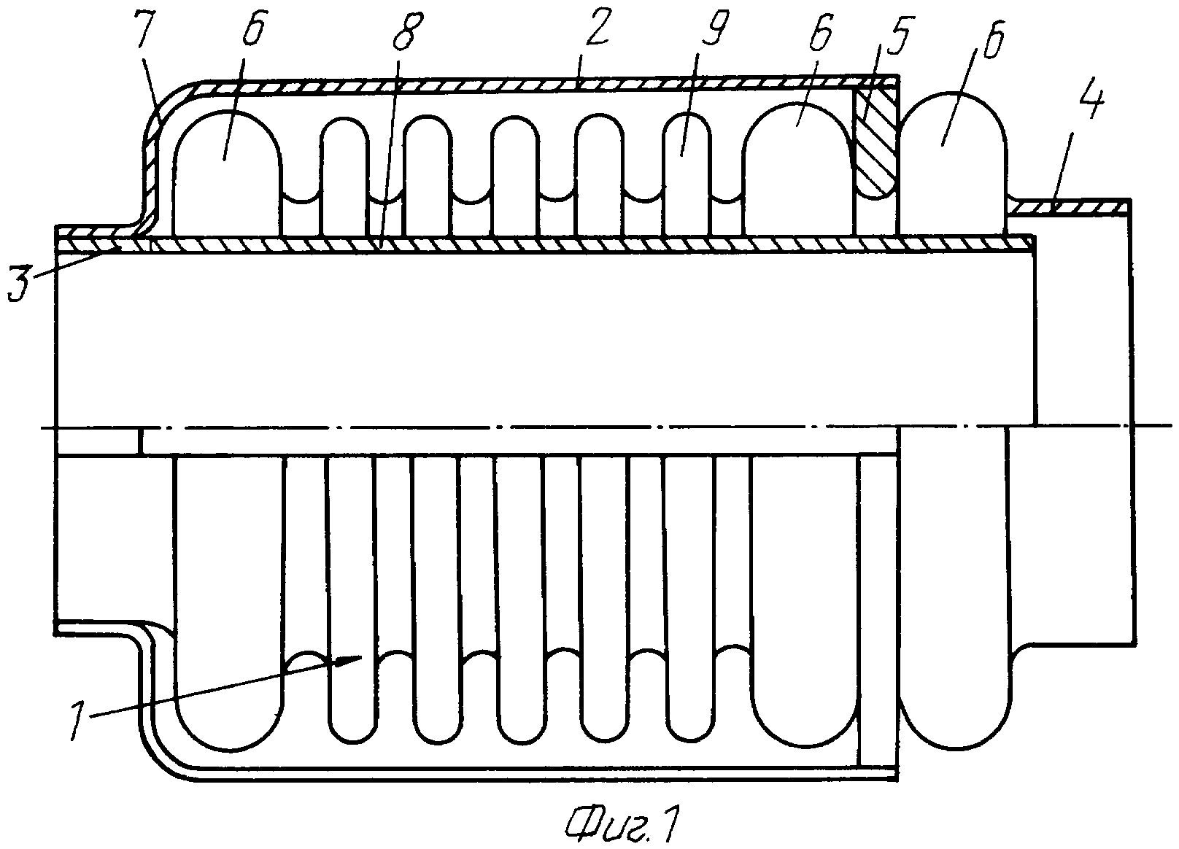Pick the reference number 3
coord(22,283)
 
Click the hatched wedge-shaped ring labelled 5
coord(875,142)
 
